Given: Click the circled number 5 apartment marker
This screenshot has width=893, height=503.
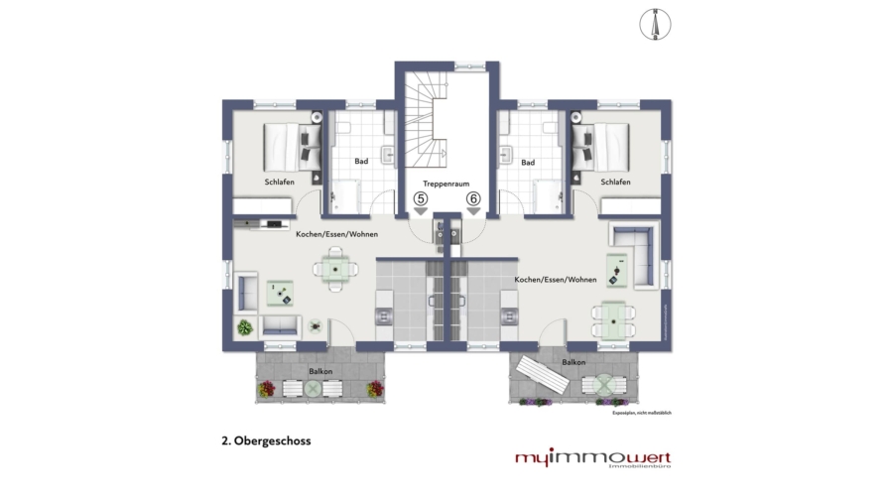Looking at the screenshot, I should (x=421, y=198).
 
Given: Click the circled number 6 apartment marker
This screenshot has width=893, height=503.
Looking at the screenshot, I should (x=473, y=198).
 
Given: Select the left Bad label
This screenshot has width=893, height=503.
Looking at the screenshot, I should (x=362, y=162).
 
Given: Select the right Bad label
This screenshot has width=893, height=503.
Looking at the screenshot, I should (x=528, y=162).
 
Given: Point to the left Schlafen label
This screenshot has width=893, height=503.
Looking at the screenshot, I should (x=280, y=183).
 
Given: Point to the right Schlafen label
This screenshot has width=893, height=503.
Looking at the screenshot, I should (x=615, y=183).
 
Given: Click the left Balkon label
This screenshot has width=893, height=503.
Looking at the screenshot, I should (x=320, y=371).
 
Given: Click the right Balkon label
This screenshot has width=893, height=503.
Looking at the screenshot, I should (x=574, y=363).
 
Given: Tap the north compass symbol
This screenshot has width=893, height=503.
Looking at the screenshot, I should (x=656, y=24).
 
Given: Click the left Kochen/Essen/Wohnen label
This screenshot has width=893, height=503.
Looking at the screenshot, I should (x=336, y=233).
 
